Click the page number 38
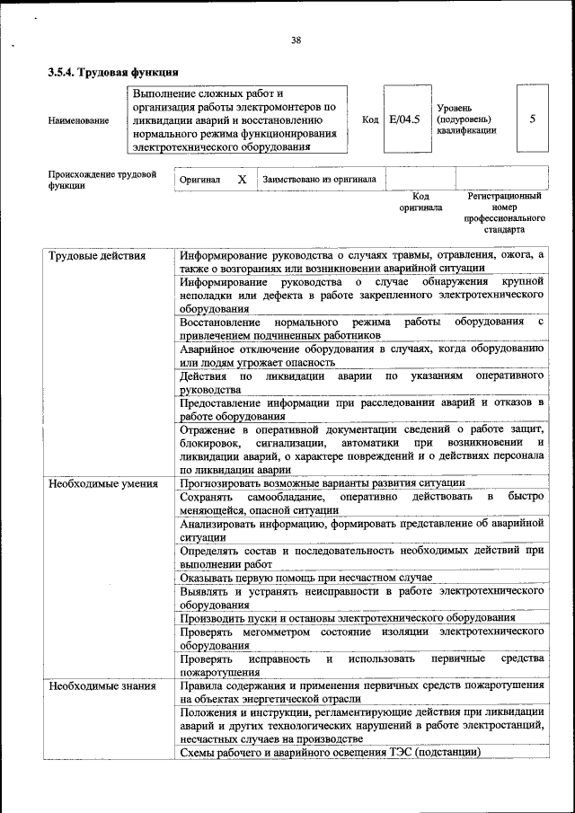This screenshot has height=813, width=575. [296, 39]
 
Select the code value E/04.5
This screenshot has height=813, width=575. [404, 118]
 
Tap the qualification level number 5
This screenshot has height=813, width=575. [533, 118]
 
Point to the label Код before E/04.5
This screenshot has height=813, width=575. [369, 119]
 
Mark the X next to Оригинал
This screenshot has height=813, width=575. [242, 179]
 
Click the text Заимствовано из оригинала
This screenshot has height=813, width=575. [319, 179]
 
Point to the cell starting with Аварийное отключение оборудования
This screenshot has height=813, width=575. [361, 354]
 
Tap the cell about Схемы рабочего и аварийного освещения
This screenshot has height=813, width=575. [330, 751]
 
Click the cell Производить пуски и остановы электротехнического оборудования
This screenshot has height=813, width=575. [347, 618]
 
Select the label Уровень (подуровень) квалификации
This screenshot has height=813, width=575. [464, 119]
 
